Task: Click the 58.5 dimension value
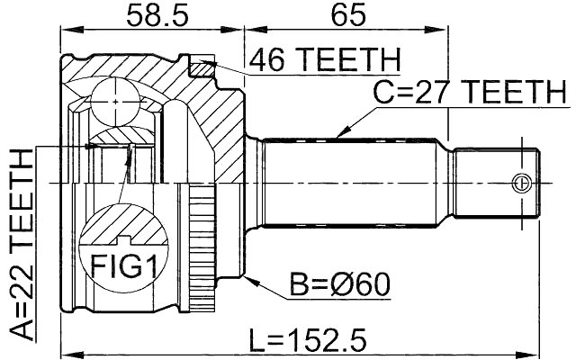(150, 15)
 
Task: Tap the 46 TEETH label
(324, 60)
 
